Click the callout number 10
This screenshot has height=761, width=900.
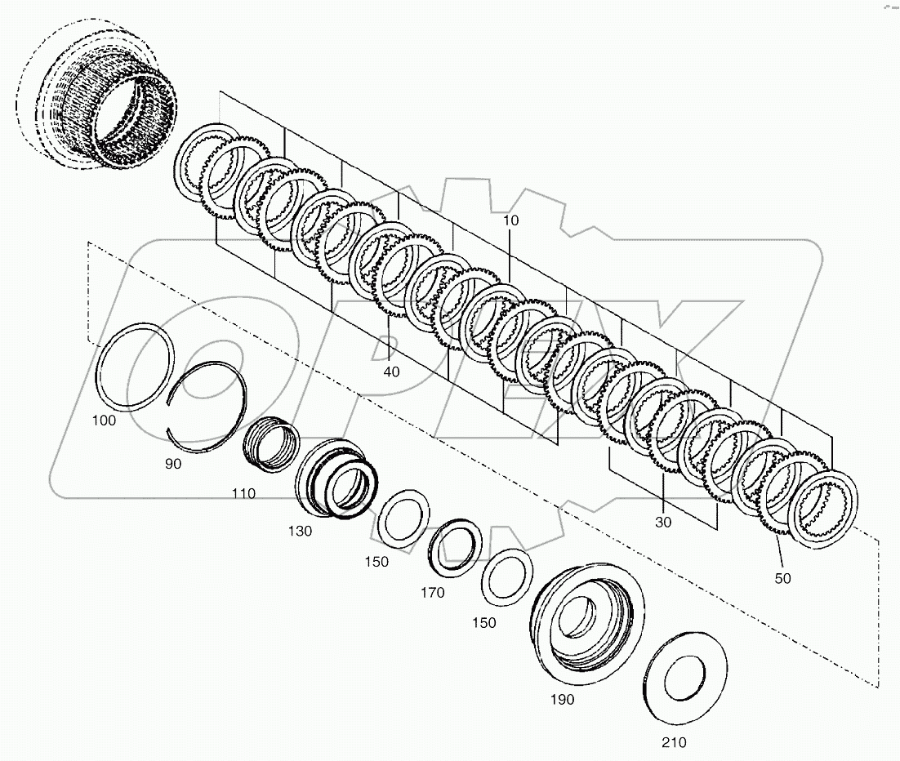[x=510, y=220]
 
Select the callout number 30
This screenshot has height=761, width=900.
[x=662, y=523]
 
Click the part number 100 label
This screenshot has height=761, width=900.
[x=104, y=421]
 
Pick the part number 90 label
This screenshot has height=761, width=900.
[x=172, y=463]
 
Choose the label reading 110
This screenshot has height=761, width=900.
[x=243, y=493]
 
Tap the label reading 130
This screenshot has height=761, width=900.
[x=300, y=531]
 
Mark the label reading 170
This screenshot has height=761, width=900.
[x=433, y=593]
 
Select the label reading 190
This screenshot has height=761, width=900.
[x=562, y=700]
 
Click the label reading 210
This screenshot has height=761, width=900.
[x=674, y=742]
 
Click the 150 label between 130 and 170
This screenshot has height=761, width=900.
[x=376, y=562]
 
